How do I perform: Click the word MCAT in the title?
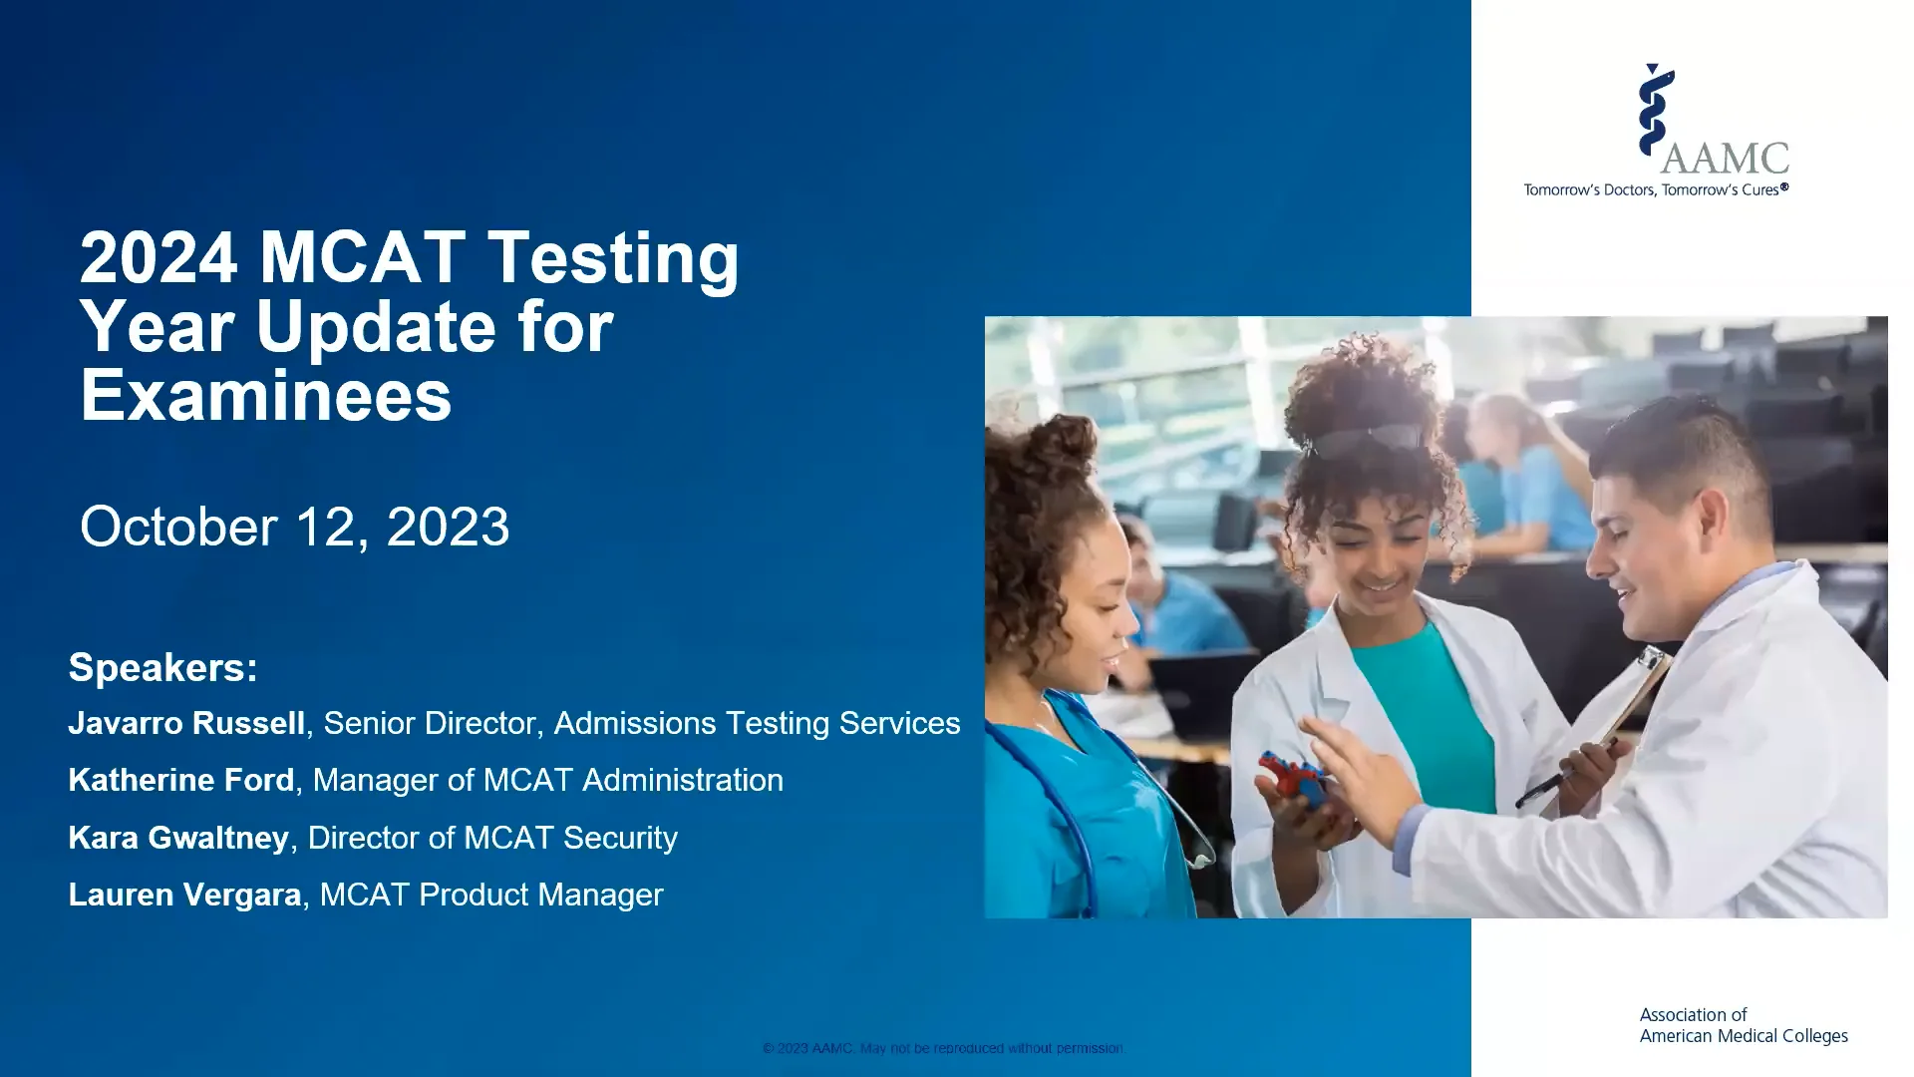click(x=363, y=257)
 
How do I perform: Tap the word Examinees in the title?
click(x=266, y=395)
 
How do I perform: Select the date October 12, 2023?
click(x=294, y=527)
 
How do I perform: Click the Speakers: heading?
click(x=162, y=667)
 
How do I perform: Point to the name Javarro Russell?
click(x=186, y=723)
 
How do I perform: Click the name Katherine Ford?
click(x=181, y=780)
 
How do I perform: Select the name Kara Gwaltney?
click(x=178, y=838)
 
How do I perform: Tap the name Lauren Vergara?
click(x=184, y=895)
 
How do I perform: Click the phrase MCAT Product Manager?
click(x=490, y=895)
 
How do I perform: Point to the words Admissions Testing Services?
click(x=757, y=723)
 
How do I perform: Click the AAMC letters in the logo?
click(x=1725, y=158)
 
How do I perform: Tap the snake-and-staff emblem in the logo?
click(x=1655, y=110)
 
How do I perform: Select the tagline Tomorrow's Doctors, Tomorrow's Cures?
click(x=1655, y=189)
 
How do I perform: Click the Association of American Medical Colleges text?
click(x=1743, y=1025)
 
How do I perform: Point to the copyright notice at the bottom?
click(x=942, y=1048)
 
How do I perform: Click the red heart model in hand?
click(x=1293, y=779)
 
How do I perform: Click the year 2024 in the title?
click(x=159, y=257)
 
